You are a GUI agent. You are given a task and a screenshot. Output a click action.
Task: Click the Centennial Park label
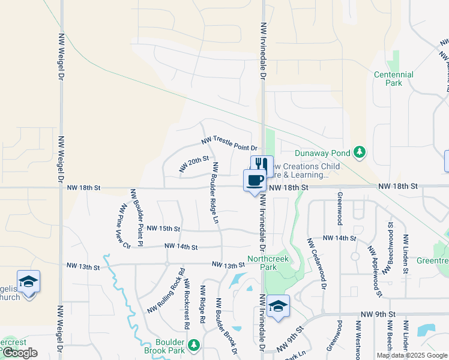tap(393, 79)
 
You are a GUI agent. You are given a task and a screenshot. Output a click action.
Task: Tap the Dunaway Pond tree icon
tap(360, 152)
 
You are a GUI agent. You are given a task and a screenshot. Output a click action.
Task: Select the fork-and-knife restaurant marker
tap(262, 166)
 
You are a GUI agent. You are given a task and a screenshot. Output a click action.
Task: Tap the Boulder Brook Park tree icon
tap(193, 344)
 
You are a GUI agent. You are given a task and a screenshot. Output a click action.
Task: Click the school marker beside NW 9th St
tap(278, 306)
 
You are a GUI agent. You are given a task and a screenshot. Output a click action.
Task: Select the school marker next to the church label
tap(28, 281)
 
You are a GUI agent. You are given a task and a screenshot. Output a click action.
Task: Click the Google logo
tap(19, 353)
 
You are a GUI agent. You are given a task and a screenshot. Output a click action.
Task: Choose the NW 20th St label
tap(193, 164)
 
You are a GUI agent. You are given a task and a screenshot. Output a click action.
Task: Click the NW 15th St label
tap(163, 229)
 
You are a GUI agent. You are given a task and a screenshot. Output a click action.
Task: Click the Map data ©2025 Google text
tap(412, 355)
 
